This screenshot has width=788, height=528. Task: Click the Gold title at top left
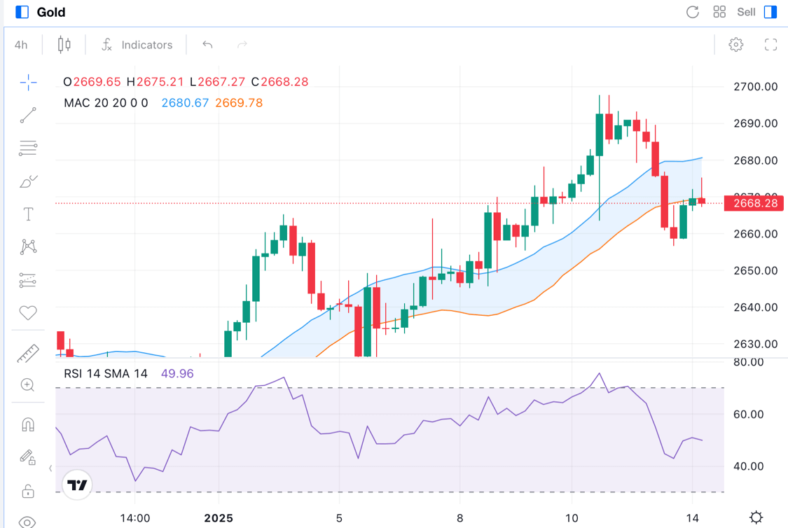(51, 12)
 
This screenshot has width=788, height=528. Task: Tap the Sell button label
(746, 12)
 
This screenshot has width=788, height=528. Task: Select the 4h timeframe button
(21, 45)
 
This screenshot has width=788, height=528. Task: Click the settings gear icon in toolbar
(735, 45)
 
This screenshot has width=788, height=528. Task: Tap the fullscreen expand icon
(770, 45)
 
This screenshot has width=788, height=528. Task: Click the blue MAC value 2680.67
(185, 103)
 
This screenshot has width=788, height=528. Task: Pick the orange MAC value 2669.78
(239, 103)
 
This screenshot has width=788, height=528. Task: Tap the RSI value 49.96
(177, 373)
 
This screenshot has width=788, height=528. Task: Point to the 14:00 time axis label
(135, 519)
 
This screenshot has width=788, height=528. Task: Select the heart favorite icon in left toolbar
(28, 313)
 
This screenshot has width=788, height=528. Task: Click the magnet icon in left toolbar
(28, 425)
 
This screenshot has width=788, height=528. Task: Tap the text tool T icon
(28, 214)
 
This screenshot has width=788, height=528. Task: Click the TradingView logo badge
(77, 485)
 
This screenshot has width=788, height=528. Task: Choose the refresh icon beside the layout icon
(692, 12)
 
